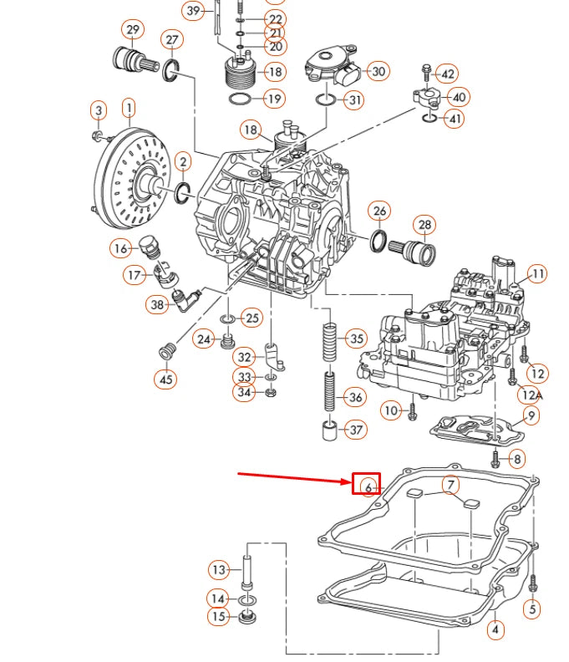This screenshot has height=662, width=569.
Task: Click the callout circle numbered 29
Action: [x=132, y=31]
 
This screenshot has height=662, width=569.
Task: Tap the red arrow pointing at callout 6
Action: [x=292, y=478]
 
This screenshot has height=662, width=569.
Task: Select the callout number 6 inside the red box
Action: [x=367, y=486]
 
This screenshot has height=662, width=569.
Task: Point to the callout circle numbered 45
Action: [x=165, y=379]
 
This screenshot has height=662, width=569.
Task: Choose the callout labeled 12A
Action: [x=531, y=395]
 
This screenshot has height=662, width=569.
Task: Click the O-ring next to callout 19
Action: [x=239, y=99]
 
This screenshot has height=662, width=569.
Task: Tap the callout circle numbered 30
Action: [x=378, y=72]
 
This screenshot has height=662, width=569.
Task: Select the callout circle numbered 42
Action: [x=447, y=74]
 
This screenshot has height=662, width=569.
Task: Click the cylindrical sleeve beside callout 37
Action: [x=330, y=431]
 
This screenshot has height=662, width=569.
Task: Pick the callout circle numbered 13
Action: [x=219, y=570]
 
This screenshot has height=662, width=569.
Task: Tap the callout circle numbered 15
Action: [x=219, y=617]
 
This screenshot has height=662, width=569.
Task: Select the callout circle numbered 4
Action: [x=496, y=629]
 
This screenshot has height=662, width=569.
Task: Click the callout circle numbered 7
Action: [x=450, y=486]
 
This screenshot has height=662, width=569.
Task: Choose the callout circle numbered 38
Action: [x=156, y=305]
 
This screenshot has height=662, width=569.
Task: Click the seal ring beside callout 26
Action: [x=378, y=241]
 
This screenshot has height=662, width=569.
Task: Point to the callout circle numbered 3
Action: [x=99, y=110]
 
